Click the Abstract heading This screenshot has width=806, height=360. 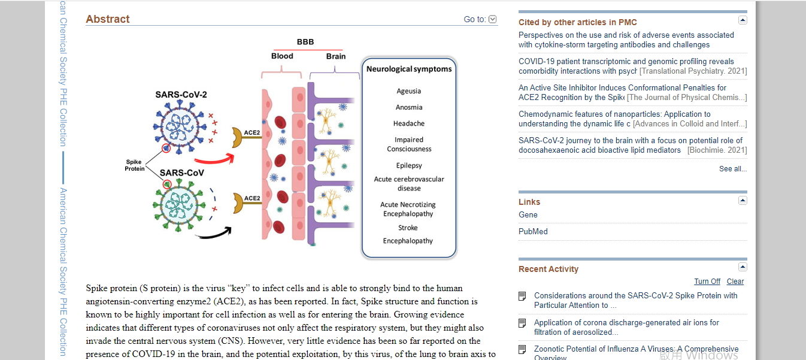[108, 19]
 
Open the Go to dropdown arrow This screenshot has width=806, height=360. [493, 19]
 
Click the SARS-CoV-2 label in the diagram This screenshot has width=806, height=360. [181, 95]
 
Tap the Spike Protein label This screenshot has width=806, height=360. [134, 165]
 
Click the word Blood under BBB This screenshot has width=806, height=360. [282, 56]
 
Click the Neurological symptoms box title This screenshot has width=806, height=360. [409, 69]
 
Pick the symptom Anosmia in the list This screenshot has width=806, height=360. [409, 107]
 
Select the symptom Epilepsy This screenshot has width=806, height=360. [409, 165]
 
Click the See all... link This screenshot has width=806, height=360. [732, 169]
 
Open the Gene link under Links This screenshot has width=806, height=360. [528, 215]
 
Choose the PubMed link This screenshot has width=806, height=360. [533, 232]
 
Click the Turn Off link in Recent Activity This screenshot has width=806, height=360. [707, 282]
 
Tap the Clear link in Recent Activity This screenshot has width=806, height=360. [735, 282]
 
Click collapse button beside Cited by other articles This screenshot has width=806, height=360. [743, 20]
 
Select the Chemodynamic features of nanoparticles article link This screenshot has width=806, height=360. [614, 114]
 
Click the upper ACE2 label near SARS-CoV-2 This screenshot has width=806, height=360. [252, 132]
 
